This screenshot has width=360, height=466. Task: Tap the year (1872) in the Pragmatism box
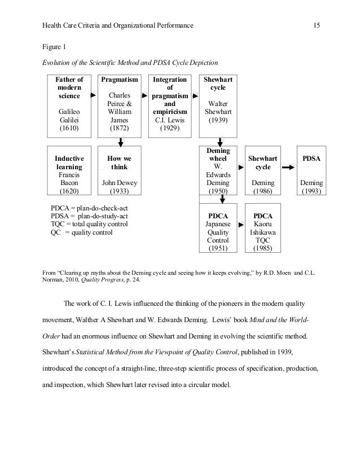(120, 129)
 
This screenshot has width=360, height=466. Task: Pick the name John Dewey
(120, 183)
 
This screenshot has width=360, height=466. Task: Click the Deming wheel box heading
(218, 155)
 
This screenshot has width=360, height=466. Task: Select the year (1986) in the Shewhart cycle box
(263, 191)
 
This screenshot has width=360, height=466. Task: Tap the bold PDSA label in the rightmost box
(312, 159)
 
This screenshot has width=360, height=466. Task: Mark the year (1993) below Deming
(312, 191)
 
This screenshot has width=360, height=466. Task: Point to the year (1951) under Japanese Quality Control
(218, 248)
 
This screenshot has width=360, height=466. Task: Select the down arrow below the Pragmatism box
(120, 142)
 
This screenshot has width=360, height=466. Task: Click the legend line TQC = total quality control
(89, 224)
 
